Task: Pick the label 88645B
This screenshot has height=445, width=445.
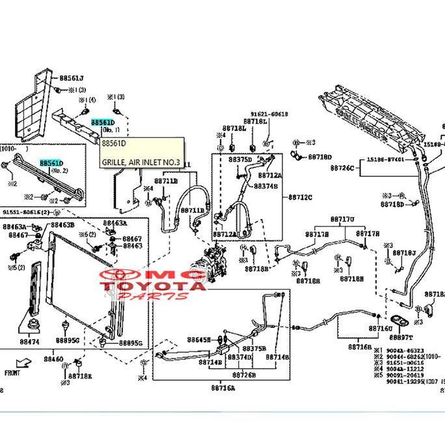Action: pos(198,340)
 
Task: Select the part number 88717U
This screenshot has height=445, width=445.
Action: pos(342,219)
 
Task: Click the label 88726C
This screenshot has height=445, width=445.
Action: pos(342,169)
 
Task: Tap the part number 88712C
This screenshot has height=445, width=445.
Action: pos(301,196)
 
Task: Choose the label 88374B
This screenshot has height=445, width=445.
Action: pos(266,186)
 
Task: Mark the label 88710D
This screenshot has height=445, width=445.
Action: pos(319,157)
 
